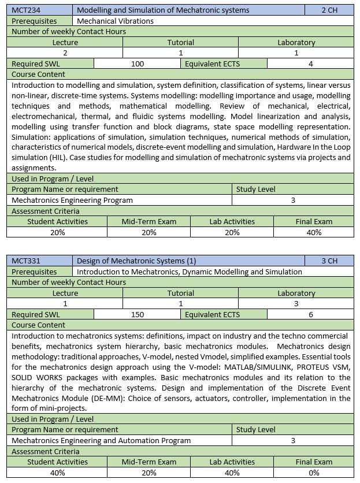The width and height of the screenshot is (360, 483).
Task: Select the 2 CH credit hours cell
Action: (x=329, y=10)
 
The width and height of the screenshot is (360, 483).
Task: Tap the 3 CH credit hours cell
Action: (x=329, y=261)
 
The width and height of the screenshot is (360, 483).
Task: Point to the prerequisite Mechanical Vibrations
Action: (x=115, y=21)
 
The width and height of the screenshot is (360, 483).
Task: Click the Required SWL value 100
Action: (x=138, y=64)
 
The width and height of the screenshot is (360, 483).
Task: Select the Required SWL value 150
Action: (x=138, y=314)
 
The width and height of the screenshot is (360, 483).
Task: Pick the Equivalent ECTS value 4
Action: (x=311, y=64)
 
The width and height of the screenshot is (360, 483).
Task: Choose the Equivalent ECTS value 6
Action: (x=311, y=314)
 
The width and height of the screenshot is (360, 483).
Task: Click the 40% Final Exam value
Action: (x=314, y=232)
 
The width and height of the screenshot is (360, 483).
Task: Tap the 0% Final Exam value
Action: (x=314, y=473)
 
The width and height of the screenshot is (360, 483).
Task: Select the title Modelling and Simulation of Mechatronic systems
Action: (x=163, y=10)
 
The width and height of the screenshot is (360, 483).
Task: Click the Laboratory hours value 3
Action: (x=296, y=303)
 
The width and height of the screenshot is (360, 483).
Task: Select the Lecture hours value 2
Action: (x=65, y=53)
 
